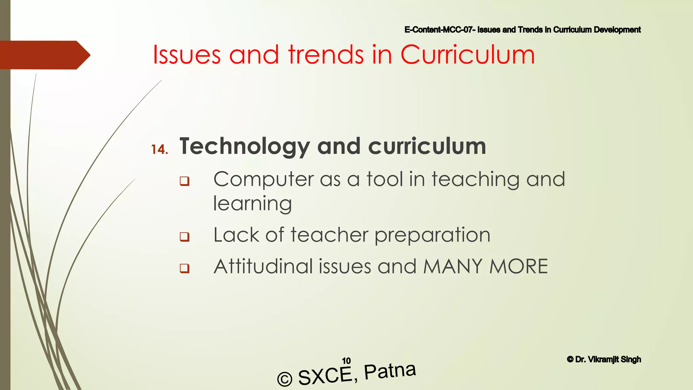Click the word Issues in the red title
[x=187, y=55]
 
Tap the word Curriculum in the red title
[x=467, y=55]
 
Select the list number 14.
[x=159, y=150]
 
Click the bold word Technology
[x=244, y=147]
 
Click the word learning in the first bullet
[x=252, y=204]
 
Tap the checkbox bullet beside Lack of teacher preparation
[x=184, y=236]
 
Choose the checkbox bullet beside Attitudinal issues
[x=184, y=268]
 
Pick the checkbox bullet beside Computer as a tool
[x=184, y=181]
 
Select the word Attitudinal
[x=263, y=266]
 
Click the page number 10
[x=346, y=361]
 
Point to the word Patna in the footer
[x=390, y=371]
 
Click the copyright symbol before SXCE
[x=285, y=379]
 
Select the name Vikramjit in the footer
[x=603, y=360]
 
